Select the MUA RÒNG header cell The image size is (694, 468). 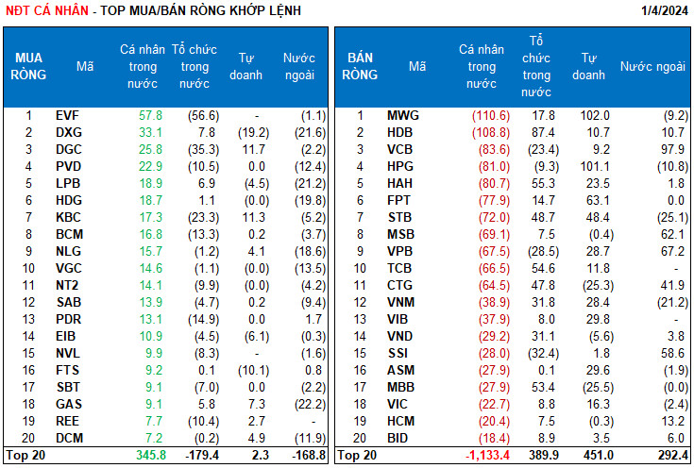click(x=28, y=66)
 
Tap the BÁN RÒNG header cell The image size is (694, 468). click(x=360, y=66)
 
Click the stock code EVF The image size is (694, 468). click(x=67, y=115)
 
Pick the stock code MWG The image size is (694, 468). click(x=403, y=115)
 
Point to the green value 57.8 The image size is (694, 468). click(x=151, y=115)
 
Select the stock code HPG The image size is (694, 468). click(x=402, y=165)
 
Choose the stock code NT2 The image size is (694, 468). click(x=67, y=283)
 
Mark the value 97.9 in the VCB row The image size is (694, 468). click(x=671, y=148)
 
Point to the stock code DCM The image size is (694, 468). click(x=68, y=439)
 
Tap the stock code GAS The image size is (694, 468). click(x=68, y=405)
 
